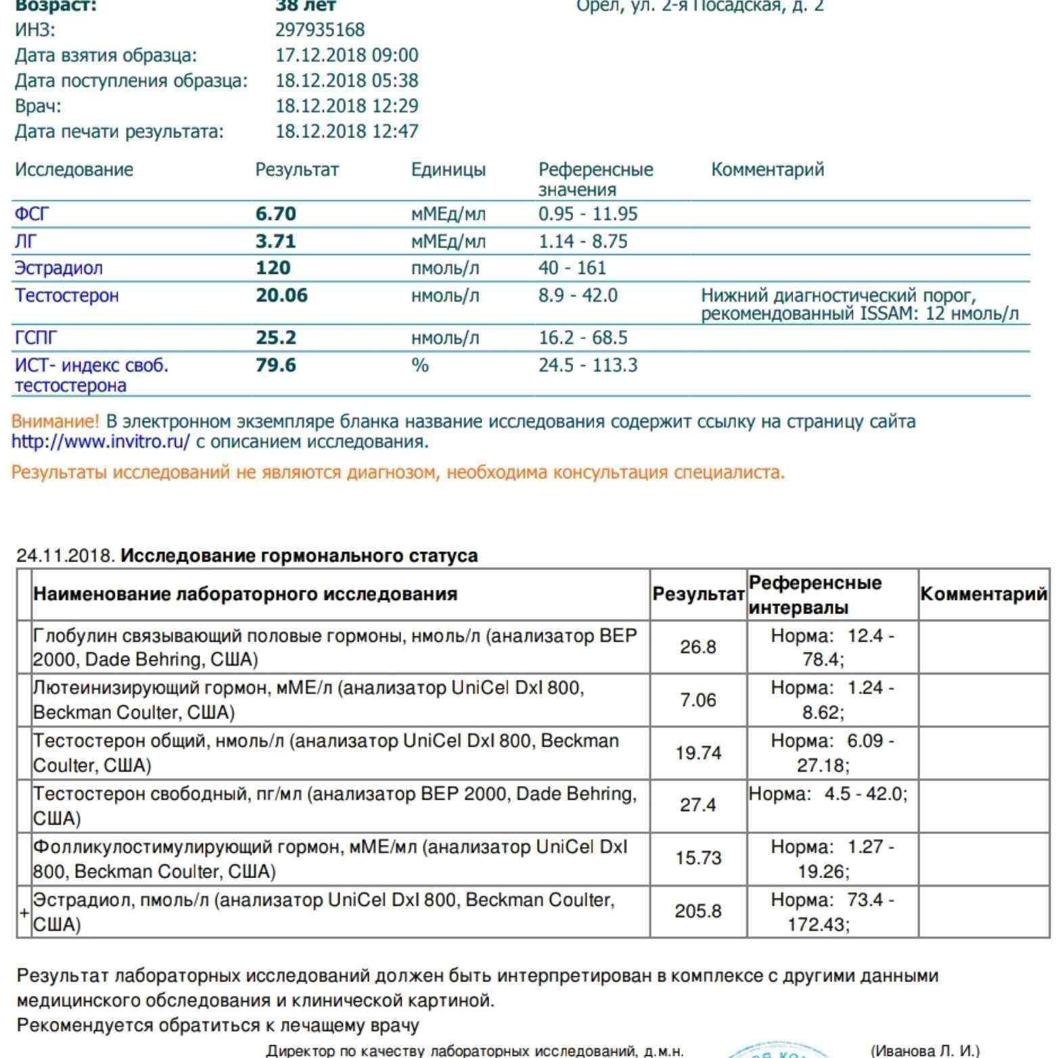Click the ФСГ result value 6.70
click(x=276, y=214)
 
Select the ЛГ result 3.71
click(x=276, y=241)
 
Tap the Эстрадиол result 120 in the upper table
click(x=273, y=268)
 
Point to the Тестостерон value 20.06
click(x=281, y=296)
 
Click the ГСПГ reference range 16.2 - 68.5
click(x=582, y=338)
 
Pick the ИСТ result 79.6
click(x=276, y=365)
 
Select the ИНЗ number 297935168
click(x=320, y=30)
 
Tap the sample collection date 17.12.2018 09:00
click(x=346, y=55)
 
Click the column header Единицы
click(x=448, y=170)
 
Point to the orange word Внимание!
click(x=55, y=422)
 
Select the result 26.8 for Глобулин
click(x=698, y=647)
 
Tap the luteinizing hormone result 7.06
click(x=698, y=700)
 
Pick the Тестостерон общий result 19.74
click(x=698, y=753)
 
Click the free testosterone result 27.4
click(x=698, y=806)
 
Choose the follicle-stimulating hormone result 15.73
click(x=698, y=858)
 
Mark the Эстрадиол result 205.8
click(x=698, y=911)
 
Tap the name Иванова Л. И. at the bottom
click(x=924, y=1051)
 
